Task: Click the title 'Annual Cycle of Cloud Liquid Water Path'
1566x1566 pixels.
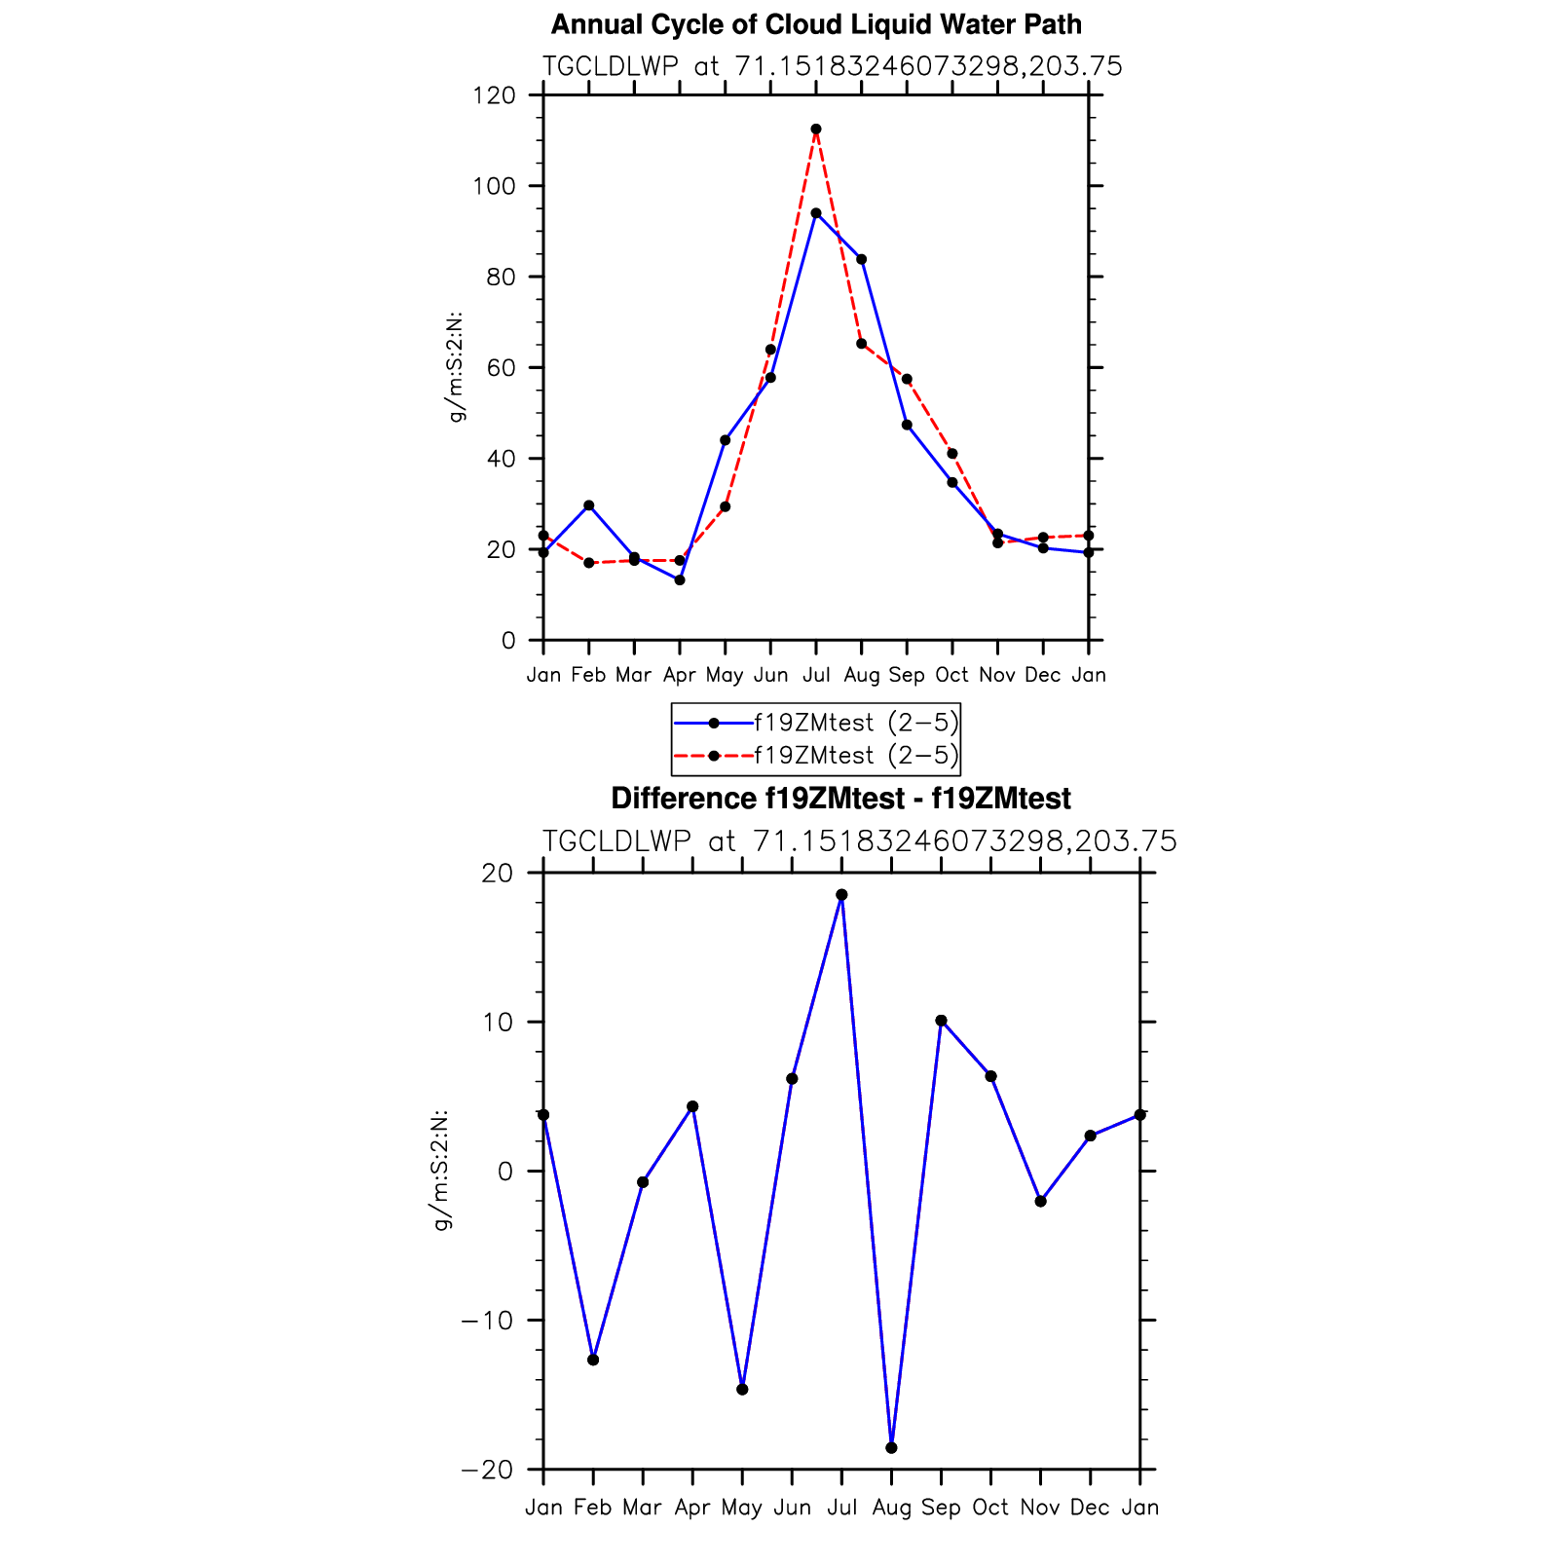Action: pyautogui.click(x=816, y=24)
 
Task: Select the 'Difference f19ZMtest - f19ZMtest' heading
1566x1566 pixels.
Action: pyautogui.click(x=840, y=799)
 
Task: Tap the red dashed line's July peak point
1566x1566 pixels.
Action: pyautogui.click(x=816, y=129)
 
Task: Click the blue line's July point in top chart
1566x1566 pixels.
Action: pyautogui.click(x=816, y=213)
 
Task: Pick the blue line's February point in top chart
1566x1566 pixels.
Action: pyautogui.click(x=589, y=505)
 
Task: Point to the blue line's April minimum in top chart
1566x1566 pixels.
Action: pyautogui.click(x=680, y=580)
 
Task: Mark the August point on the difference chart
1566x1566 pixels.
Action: pyautogui.click(x=891, y=1448)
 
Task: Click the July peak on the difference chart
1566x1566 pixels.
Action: pyautogui.click(x=841, y=895)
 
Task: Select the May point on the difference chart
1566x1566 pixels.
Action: pyautogui.click(x=742, y=1389)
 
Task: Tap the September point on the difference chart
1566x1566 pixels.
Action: pyautogui.click(x=941, y=1021)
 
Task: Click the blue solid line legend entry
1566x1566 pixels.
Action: pyautogui.click(x=816, y=723)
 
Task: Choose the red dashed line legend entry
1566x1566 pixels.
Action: pyautogui.click(x=816, y=756)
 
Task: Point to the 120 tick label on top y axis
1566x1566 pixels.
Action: pyautogui.click(x=494, y=95)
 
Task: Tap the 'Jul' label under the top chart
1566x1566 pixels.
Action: pyautogui.click(x=816, y=675)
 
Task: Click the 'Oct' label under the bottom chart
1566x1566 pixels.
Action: pyautogui.click(x=990, y=1508)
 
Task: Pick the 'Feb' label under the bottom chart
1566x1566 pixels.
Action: pyautogui.click(x=593, y=1508)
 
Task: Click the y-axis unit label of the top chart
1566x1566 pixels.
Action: pyautogui.click(x=456, y=368)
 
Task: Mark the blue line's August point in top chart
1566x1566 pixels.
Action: pyautogui.click(x=862, y=259)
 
